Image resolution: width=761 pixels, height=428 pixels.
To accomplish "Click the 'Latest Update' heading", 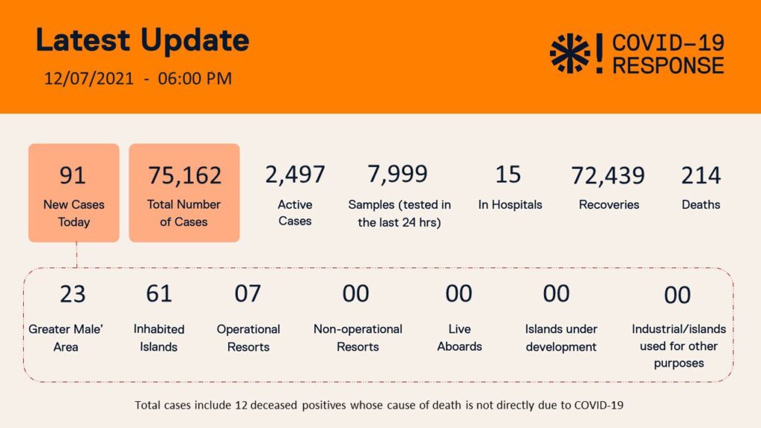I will (x=143, y=41).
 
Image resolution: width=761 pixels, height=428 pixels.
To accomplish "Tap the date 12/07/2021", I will (x=88, y=78).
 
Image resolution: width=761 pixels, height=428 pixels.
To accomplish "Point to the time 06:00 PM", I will (x=195, y=78).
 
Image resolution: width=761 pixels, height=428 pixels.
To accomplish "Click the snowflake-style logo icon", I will (x=569, y=53).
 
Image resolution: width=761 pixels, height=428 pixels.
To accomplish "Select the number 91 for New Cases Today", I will (x=73, y=175).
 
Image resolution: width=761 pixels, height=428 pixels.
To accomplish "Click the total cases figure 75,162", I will (x=184, y=175).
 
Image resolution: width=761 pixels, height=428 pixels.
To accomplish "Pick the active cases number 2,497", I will (x=295, y=175).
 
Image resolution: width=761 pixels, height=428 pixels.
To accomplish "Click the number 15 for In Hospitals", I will (x=508, y=174).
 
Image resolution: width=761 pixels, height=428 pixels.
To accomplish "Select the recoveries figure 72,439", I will (x=608, y=175).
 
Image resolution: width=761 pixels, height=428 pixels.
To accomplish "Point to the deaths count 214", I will (x=701, y=175).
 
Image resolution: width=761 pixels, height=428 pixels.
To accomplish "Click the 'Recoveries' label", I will (x=609, y=204).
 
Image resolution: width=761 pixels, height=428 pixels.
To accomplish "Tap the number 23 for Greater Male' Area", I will (x=73, y=294).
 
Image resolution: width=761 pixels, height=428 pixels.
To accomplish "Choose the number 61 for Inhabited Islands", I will (x=159, y=294).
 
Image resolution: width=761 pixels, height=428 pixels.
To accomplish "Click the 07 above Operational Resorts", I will (x=247, y=294).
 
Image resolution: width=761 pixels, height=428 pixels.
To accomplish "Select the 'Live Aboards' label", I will (x=459, y=337).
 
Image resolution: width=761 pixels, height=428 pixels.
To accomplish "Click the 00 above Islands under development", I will (x=556, y=294).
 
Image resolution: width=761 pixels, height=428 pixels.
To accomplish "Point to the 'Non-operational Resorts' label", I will (x=357, y=337).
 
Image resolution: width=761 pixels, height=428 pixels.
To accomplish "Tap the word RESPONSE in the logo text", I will (x=668, y=65).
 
